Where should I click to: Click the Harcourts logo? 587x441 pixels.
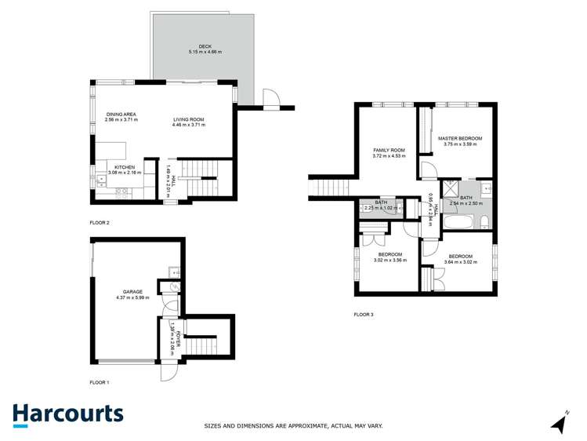click(x=67, y=414)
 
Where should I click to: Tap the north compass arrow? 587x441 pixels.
click(x=560, y=423)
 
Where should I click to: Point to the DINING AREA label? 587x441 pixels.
click(x=121, y=115)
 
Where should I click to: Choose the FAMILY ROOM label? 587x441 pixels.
click(x=389, y=150)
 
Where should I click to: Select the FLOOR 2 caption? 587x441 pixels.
click(x=100, y=223)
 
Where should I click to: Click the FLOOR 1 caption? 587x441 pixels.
click(x=100, y=382)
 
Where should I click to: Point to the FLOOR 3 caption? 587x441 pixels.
click(x=364, y=315)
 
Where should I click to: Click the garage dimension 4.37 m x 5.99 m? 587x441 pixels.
click(x=132, y=297)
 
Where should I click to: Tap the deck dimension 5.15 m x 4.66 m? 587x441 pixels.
click(x=205, y=52)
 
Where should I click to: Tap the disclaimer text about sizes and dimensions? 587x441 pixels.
click(x=293, y=426)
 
